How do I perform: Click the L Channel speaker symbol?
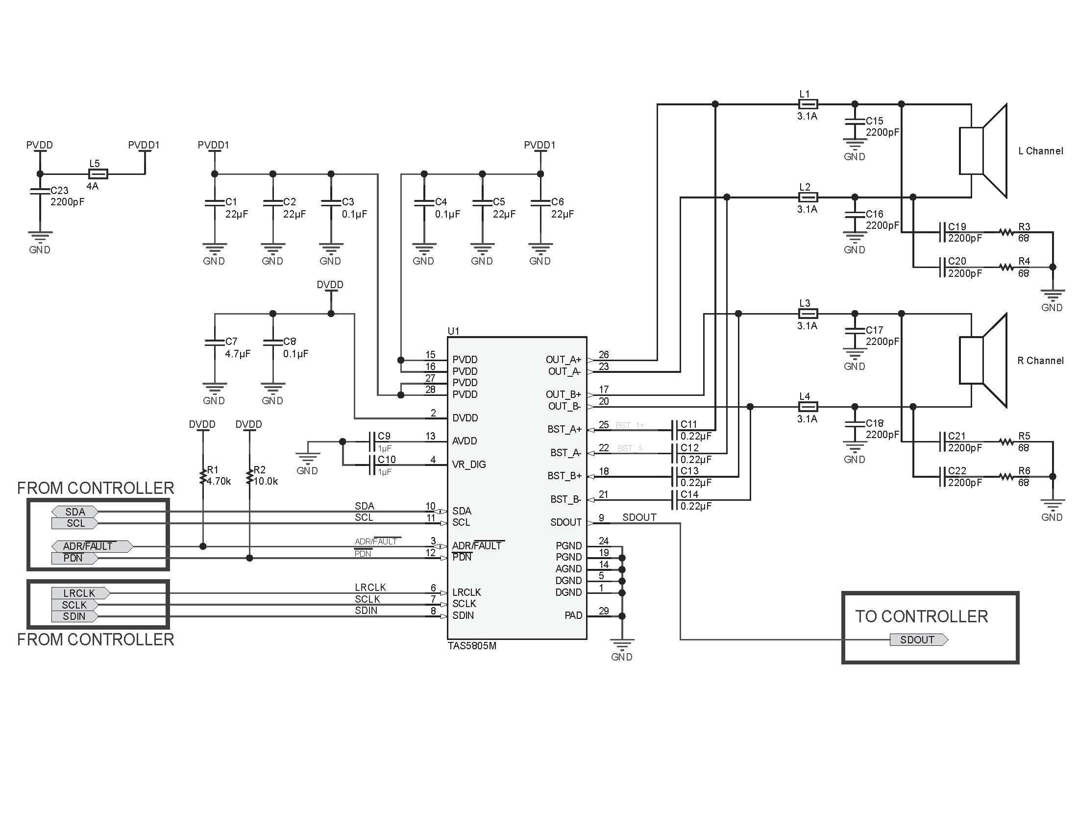click(983, 151)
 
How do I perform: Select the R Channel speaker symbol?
click(983, 360)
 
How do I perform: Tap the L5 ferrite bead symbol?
click(98, 174)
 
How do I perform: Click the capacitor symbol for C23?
click(40, 191)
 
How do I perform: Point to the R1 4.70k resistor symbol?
click(203, 477)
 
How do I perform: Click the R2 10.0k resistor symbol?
click(249, 477)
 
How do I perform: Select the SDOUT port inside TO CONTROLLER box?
click(918, 639)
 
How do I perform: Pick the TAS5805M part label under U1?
click(472, 646)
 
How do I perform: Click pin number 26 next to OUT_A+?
click(604, 354)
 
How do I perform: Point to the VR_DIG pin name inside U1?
click(469, 465)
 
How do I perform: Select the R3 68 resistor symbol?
click(1006, 232)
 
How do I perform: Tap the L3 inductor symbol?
click(808, 314)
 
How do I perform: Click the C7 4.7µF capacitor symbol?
click(215, 342)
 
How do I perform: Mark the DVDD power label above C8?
click(330, 285)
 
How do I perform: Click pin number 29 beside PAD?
click(604, 611)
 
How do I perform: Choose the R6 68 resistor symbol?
click(1006, 477)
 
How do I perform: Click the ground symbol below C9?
click(308, 459)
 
